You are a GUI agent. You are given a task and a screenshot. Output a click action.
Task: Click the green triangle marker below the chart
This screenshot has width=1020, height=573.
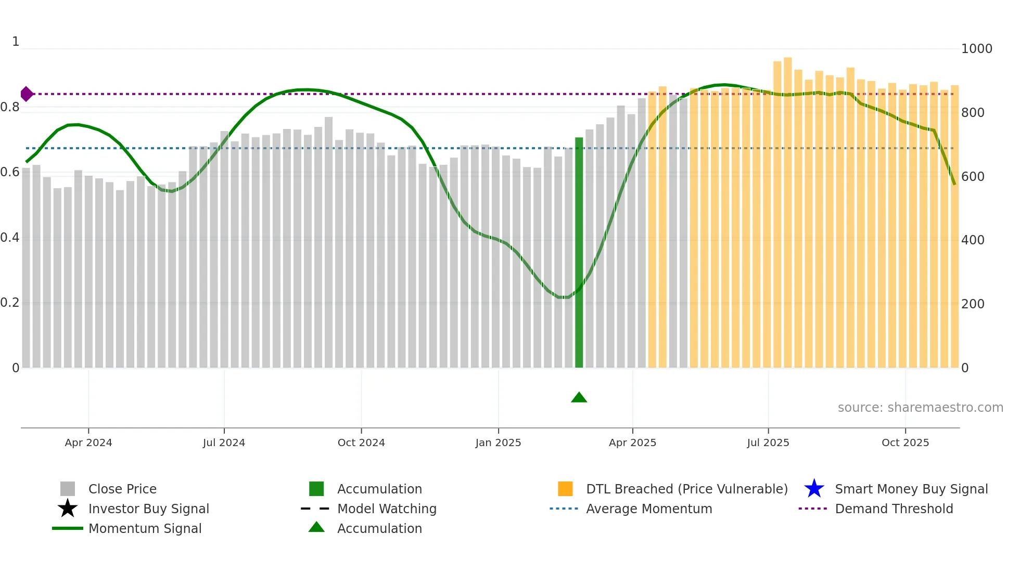tap(579, 398)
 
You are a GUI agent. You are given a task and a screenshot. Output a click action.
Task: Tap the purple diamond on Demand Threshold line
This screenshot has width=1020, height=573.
tap(27, 94)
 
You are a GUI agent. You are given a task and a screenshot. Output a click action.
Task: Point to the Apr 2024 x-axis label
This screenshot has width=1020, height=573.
tap(88, 442)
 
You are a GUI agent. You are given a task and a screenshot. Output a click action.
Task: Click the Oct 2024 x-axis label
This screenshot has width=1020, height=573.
tap(361, 442)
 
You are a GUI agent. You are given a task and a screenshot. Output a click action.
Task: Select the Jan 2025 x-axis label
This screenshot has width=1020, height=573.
tap(498, 442)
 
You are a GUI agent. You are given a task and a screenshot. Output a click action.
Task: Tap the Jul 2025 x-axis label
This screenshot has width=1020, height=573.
tap(768, 442)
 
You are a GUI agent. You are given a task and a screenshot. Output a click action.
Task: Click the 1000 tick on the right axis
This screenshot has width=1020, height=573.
tap(976, 49)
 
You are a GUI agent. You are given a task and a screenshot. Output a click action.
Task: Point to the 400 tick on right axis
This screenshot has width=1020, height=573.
tap(972, 240)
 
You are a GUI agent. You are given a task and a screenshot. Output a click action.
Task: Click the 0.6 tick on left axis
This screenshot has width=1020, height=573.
tap(10, 172)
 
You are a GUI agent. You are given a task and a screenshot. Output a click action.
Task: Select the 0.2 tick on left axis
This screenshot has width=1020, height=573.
tap(10, 303)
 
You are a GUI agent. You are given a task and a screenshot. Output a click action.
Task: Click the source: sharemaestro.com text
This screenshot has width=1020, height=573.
tap(920, 408)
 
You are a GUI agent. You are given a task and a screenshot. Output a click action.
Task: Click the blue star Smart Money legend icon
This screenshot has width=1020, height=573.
tap(814, 489)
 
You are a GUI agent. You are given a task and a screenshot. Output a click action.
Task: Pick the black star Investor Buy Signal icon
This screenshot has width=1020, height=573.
tap(68, 509)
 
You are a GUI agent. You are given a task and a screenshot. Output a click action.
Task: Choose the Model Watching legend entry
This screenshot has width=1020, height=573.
tap(387, 509)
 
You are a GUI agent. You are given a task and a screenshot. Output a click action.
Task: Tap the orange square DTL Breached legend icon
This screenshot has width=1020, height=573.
tap(565, 489)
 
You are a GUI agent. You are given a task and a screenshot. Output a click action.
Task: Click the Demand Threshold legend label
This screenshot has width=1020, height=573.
tap(894, 509)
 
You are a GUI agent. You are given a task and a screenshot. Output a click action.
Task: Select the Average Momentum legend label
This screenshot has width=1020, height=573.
tap(649, 509)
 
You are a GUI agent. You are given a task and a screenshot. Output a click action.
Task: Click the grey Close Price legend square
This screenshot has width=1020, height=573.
tap(68, 489)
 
